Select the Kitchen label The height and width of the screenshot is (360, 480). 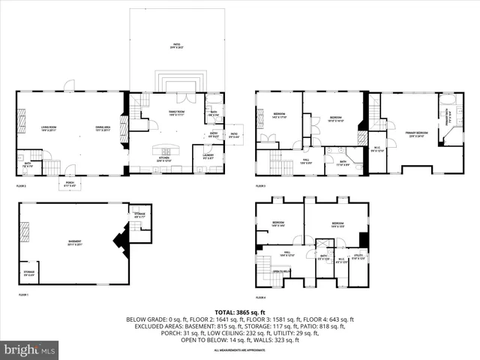(164, 159)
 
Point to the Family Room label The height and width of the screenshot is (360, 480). (176, 113)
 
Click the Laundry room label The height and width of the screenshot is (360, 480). (208, 156)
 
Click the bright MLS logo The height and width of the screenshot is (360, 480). (30, 349)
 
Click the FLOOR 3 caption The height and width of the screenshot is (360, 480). (261, 185)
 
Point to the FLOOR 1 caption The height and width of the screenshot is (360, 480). (23, 295)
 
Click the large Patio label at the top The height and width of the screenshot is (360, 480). (176, 46)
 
